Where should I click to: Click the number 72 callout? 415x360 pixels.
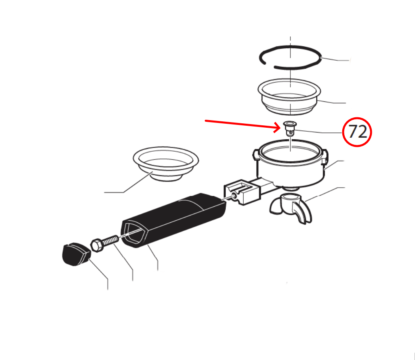[x=357, y=132]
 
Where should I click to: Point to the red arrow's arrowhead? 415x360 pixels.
[x=277, y=127]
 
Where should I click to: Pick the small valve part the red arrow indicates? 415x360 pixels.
[x=290, y=128]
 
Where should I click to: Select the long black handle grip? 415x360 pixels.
[x=173, y=220]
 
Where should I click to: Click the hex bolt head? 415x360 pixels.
[x=97, y=245]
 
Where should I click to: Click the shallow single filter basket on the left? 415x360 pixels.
[x=166, y=164]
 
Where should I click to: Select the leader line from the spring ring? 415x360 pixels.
[x=336, y=59]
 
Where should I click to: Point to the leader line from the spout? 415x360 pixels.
[x=325, y=194]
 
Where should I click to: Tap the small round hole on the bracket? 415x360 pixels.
[x=234, y=196]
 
